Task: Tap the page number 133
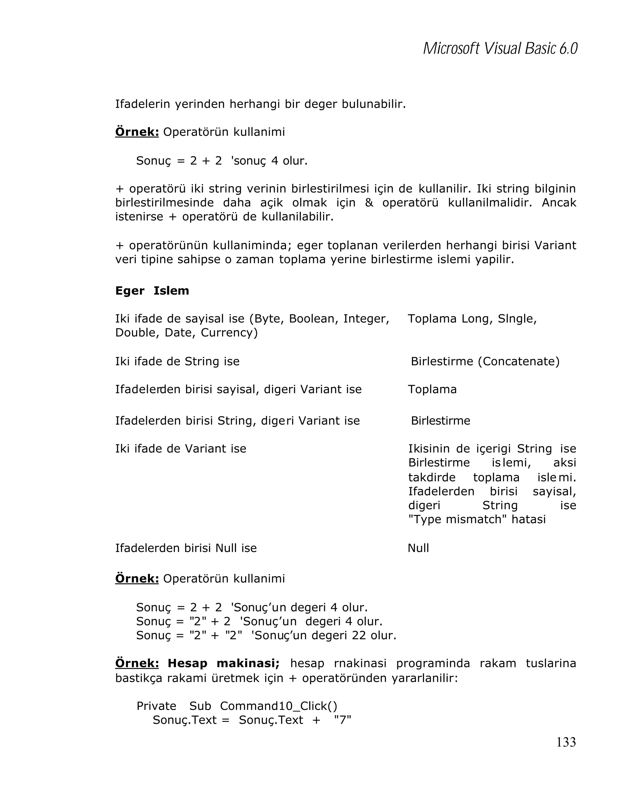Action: [x=566, y=742]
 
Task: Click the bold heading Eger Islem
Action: [x=152, y=291]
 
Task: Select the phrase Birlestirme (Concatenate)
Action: [x=485, y=362]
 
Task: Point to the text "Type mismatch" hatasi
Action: [x=477, y=519]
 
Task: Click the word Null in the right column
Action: [x=418, y=548]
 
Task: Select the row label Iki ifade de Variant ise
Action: [x=181, y=449]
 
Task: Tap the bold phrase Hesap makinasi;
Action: [x=223, y=663]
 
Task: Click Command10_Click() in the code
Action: [x=279, y=706]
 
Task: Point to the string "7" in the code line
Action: [x=342, y=720]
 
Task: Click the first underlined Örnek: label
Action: [x=137, y=132]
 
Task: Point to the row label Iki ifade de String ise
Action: [x=177, y=362]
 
